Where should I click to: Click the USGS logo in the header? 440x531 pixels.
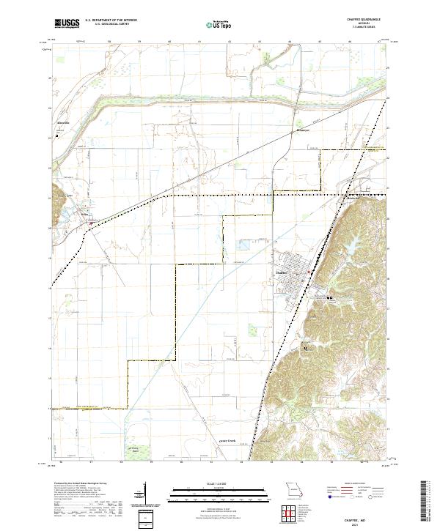68,23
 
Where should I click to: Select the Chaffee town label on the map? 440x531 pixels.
280,272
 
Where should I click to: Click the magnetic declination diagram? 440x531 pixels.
145,494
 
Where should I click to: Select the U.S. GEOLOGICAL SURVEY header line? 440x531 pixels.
110,24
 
